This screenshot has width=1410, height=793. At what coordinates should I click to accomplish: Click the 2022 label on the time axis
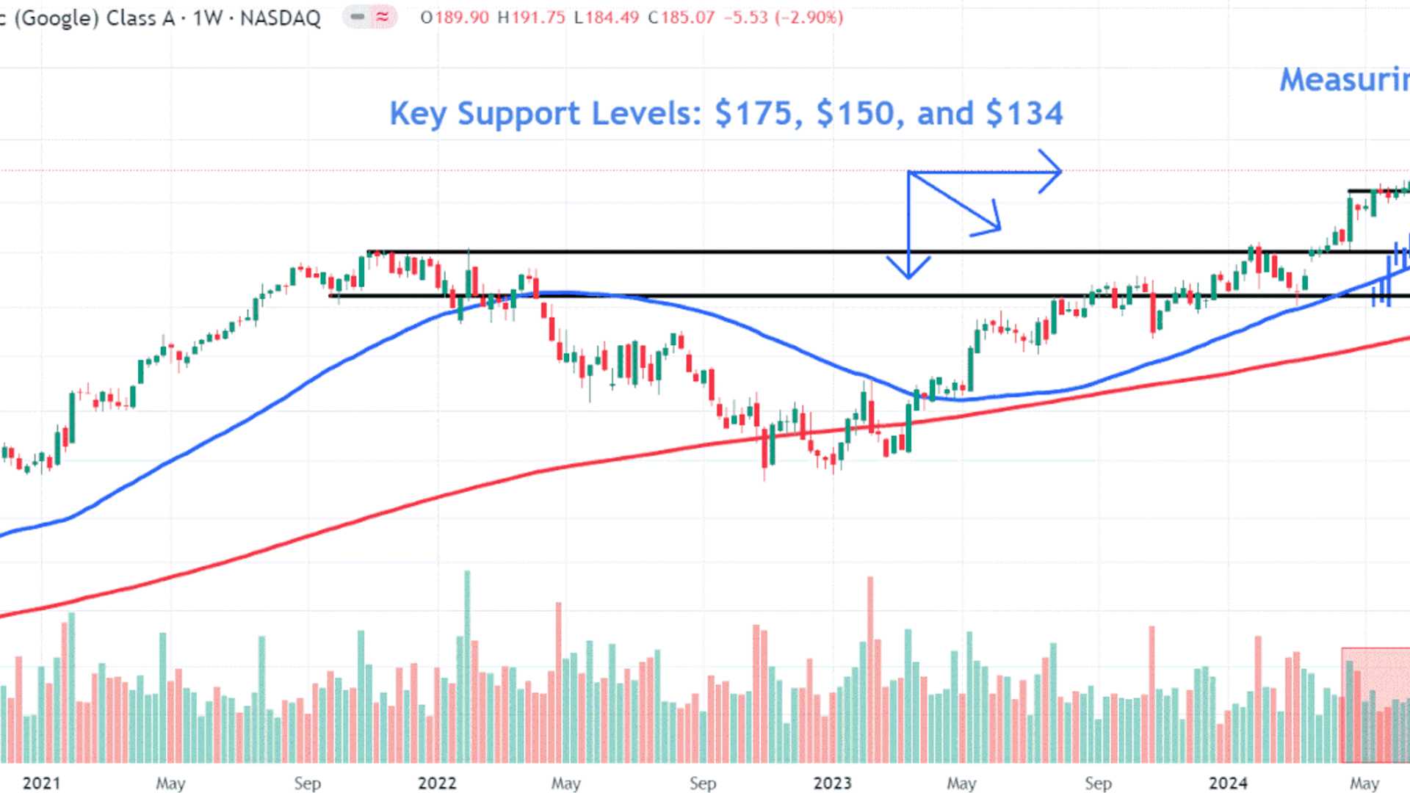click(437, 783)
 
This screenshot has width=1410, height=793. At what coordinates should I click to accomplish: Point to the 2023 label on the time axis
click(832, 783)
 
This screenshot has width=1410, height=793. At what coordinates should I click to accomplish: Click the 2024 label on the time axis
click(1228, 783)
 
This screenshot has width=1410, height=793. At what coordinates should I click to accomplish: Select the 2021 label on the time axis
click(41, 783)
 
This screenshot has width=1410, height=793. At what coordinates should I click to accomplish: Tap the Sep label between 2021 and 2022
click(307, 783)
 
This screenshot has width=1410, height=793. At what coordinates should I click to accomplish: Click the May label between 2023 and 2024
click(961, 783)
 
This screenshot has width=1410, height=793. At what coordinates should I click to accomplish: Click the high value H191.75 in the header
click(531, 18)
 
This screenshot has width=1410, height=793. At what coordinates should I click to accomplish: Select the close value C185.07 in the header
click(681, 18)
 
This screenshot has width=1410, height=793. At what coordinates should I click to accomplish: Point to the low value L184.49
click(607, 18)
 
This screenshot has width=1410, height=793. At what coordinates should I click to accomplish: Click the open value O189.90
click(455, 18)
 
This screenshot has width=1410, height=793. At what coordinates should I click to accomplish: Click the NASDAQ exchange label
click(280, 18)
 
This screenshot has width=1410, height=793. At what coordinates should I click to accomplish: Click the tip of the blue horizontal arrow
click(1060, 172)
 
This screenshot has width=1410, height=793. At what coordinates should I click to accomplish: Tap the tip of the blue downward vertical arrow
click(908, 278)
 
